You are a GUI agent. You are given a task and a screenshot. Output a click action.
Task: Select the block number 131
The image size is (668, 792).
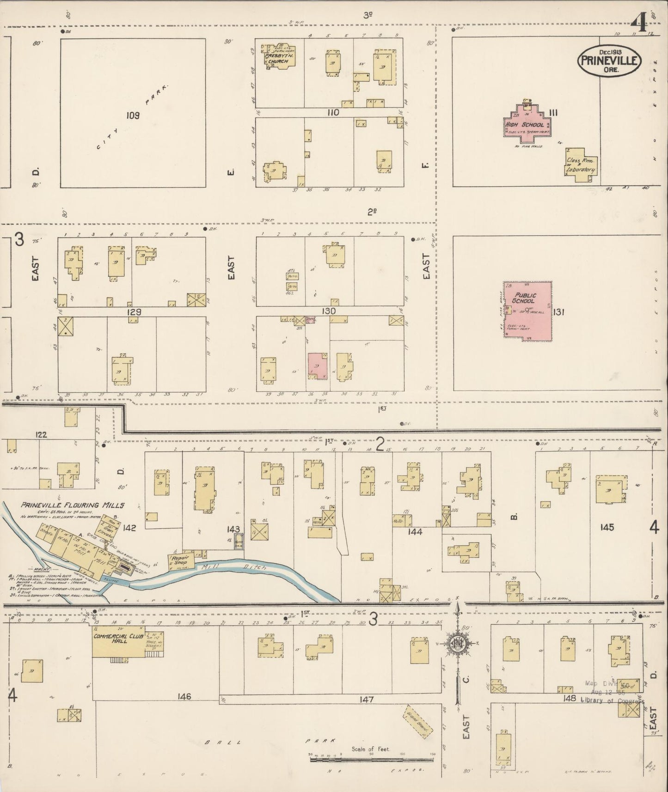pos(558,312)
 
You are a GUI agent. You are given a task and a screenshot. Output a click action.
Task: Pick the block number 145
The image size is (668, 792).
pos(607,527)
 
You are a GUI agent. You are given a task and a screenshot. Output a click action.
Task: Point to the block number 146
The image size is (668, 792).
pos(184,696)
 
